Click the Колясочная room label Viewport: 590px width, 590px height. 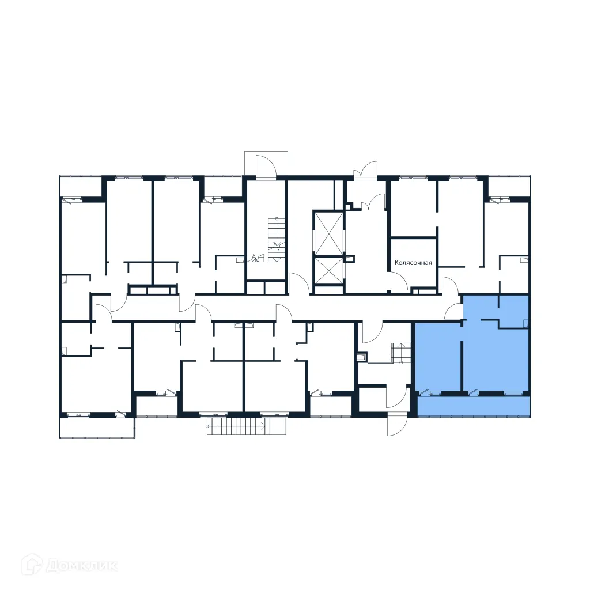[413, 263]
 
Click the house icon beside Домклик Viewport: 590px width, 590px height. [33, 564]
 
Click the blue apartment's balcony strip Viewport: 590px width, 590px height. [472, 407]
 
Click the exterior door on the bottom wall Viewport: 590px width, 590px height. [397, 425]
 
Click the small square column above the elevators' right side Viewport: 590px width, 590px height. [348, 205]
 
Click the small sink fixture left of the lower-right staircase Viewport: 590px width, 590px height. [362, 358]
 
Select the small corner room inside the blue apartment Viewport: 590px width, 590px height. [513, 311]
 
